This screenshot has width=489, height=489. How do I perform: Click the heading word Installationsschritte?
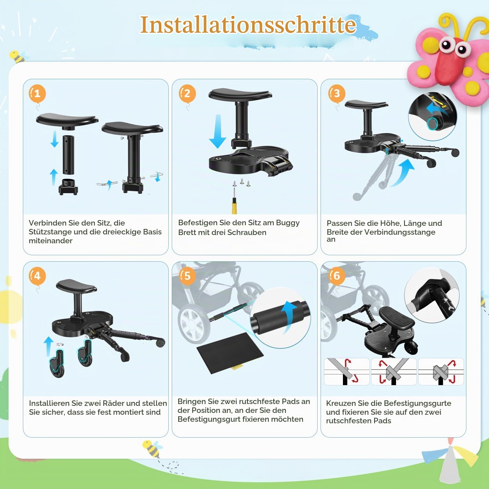(x=248, y=25)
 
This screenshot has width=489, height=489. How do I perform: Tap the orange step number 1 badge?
(x=37, y=94)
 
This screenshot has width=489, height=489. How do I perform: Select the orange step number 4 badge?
(x=37, y=276)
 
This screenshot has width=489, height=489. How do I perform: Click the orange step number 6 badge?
(x=336, y=276)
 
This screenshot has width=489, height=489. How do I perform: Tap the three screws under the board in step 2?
(x=242, y=182)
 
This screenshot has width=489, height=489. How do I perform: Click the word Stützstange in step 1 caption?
(x=50, y=232)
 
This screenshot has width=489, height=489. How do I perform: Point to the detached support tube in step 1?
(x=68, y=155)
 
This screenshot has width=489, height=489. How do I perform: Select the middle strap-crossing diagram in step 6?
(x=394, y=372)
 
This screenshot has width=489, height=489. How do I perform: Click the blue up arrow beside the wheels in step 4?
(x=49, y=347)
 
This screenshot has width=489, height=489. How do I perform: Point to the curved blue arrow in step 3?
(x=403, y=173)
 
